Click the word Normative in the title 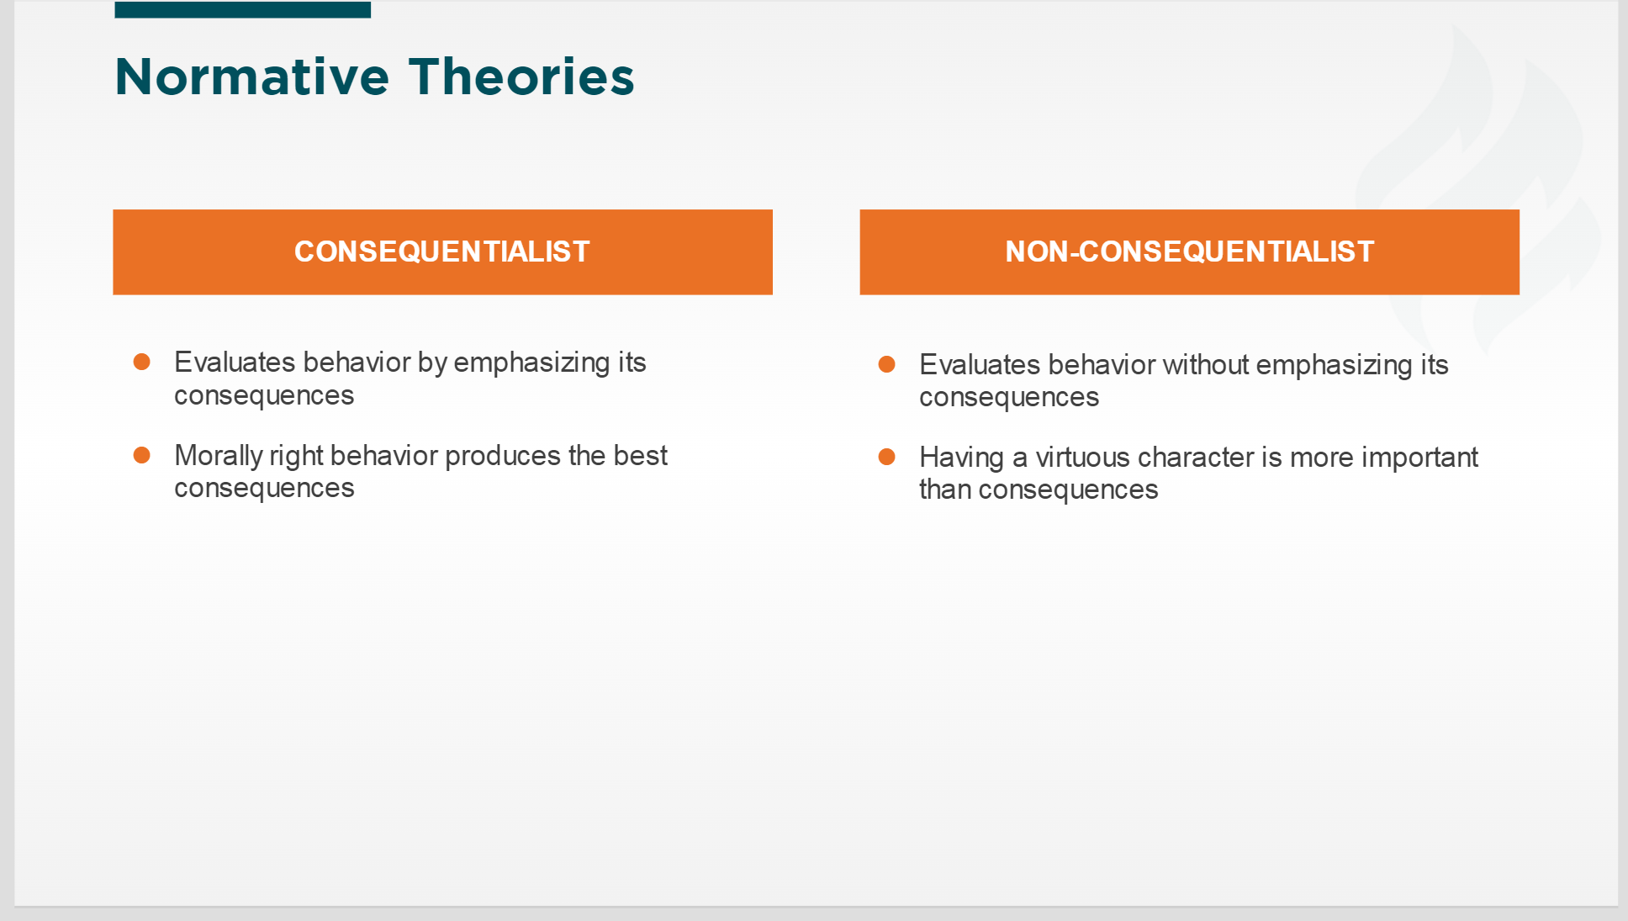click(252, 77)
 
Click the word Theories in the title click(521, 77)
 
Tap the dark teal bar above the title click(242, 9)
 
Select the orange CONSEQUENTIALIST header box click(442, 251)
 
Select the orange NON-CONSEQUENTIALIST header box click(1189, 251)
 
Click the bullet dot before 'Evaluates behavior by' click(141, 362)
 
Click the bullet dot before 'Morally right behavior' click(141, 455)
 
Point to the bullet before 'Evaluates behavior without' click(886, 364)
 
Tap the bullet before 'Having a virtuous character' click(886, 457)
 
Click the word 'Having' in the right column click(962, 458)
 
